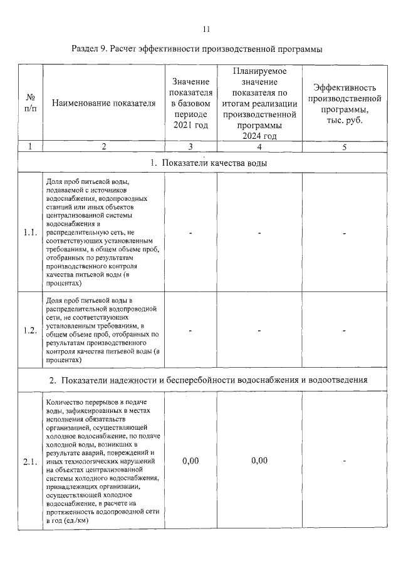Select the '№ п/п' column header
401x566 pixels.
(30, 103)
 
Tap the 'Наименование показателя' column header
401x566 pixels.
(103, 103)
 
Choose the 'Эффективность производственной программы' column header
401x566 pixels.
(347, 104)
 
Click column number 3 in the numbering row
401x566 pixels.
(190, 147)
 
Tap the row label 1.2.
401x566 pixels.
(30, 331)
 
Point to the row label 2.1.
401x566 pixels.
(30, 462)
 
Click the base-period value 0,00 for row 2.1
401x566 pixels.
(190, 461)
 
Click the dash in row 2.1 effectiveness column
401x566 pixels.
(345, 462)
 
